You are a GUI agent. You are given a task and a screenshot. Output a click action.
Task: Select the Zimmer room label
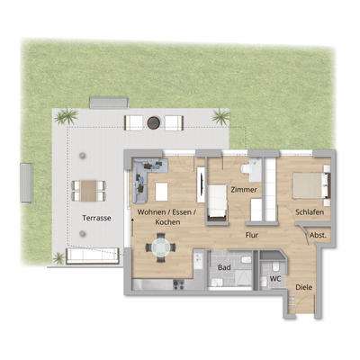[243, 192]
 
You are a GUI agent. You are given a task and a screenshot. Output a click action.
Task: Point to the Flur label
[254, 235]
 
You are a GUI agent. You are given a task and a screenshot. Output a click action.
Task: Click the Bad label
[224, 267]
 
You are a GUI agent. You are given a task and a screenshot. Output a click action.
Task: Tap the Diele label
[305, 289]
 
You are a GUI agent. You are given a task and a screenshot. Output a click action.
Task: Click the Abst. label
[318, 235]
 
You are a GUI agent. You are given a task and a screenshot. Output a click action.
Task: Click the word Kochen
[167, 221]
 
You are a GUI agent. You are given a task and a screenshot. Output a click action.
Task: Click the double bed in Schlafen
[307, 184]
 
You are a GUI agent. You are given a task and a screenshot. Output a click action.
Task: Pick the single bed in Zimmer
[219, 200]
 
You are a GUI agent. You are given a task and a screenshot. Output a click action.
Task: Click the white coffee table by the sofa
[163, 191]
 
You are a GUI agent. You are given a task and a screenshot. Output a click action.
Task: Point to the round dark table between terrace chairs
[154, 120]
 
